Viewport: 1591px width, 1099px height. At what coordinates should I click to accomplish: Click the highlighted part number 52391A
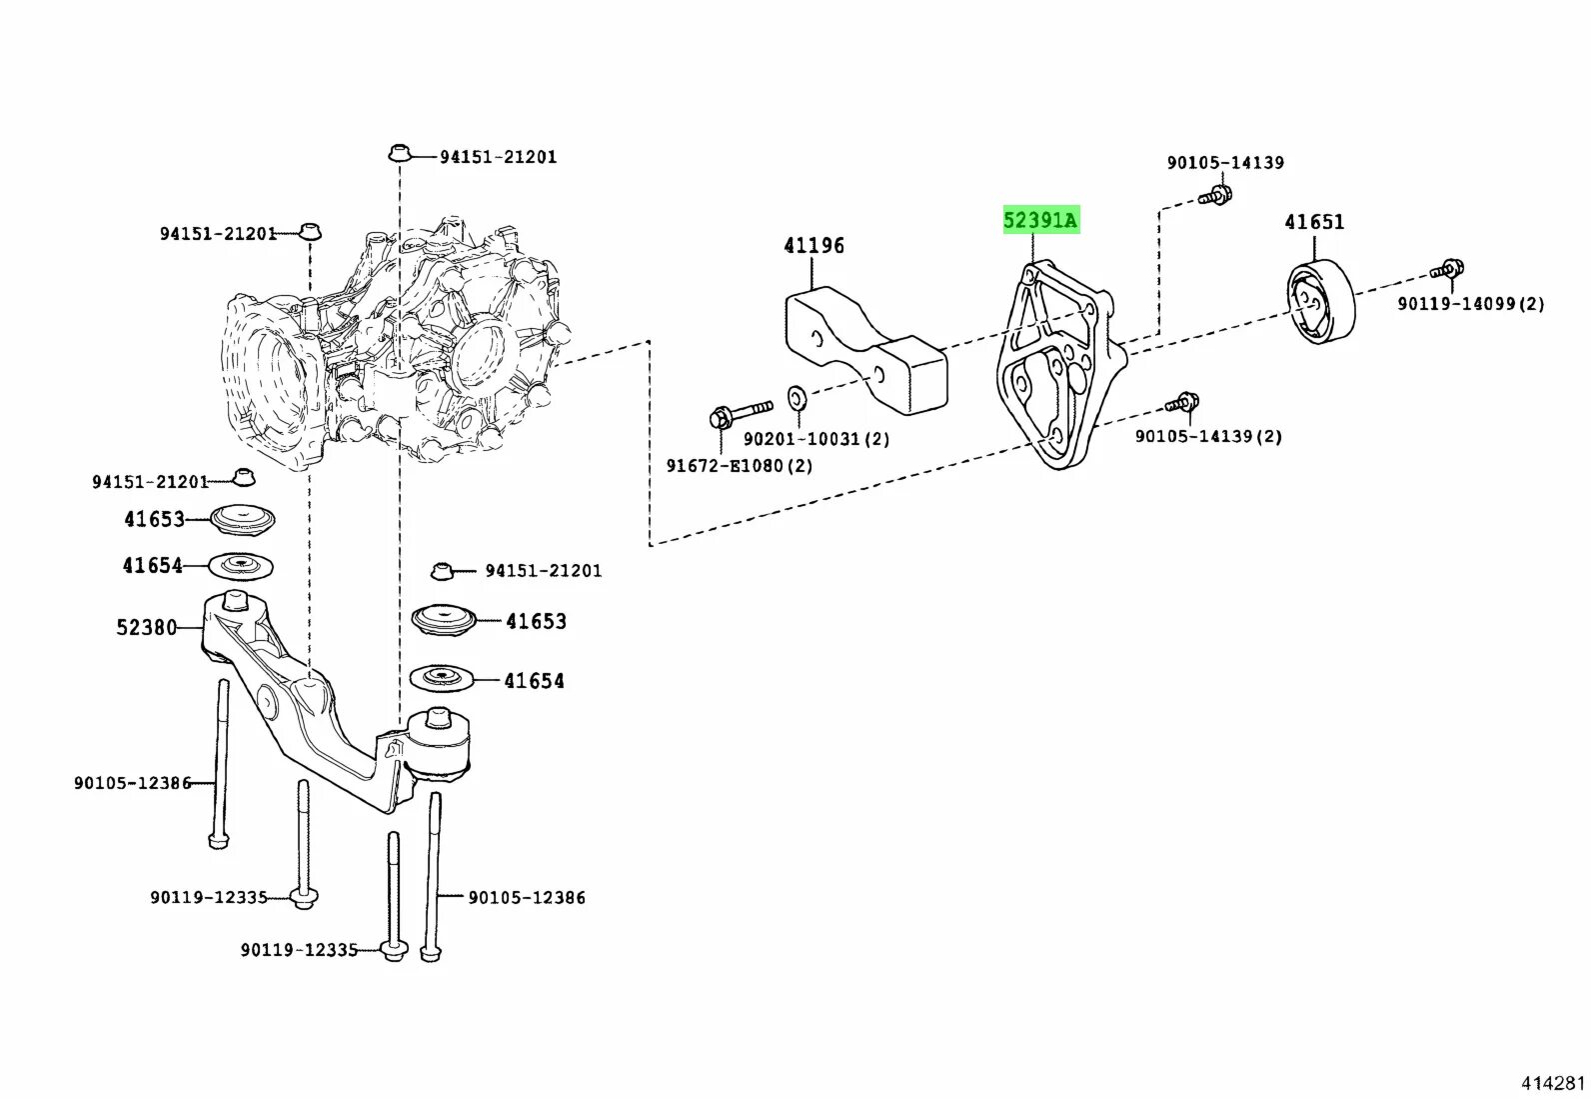coord(1040,220)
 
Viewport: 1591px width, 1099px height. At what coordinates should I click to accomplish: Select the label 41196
coord(813,246)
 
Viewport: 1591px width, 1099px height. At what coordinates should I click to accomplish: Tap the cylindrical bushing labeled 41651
coord(1319,302)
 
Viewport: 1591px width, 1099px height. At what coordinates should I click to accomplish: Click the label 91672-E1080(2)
coord(740,466)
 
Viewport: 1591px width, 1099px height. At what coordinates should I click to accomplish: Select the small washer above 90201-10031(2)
coord(797,397)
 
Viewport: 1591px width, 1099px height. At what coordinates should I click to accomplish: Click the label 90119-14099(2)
coord(1470,304)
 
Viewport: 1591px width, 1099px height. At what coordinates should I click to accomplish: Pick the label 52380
coord(146,628)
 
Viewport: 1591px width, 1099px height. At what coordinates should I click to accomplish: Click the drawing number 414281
coord(1552,1083)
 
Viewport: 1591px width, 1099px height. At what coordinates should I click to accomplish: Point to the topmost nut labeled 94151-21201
coord(400,153)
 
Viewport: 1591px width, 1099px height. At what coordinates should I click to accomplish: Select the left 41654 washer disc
coord(240,566)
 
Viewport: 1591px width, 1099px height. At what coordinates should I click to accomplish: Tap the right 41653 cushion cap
coord(444,619)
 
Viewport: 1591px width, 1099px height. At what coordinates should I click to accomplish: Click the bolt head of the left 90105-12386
coord(219,840)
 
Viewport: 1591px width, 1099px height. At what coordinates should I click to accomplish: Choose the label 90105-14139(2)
coord(1208,437)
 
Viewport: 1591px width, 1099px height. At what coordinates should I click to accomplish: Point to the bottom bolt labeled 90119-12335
coord(394,949)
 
